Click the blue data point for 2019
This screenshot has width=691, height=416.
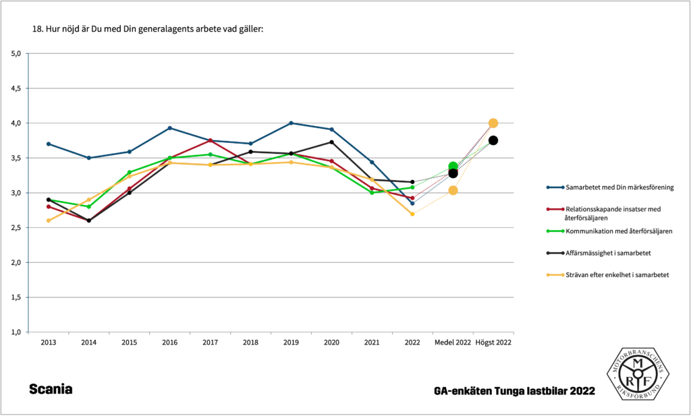[x=291, y=123]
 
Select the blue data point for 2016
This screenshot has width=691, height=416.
[x=169, y=128]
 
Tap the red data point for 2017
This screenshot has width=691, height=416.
[x=210, y=140]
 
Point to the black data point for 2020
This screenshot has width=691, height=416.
[x=331, y=142]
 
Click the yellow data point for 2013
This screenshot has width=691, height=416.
[x=49, y=220]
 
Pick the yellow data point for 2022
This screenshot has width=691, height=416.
[x=412, y=214]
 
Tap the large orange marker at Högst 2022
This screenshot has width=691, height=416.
[x=493, y=123]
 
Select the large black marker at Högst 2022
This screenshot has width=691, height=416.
[x=493, y=140]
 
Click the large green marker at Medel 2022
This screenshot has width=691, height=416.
[x=453, y=167]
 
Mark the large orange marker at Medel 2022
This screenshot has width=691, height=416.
[x=453, y=190]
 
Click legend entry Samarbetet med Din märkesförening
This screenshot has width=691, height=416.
[x=617, y=187]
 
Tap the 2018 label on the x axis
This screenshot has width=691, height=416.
[x=250, y=343]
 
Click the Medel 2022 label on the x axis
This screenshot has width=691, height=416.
[x=453, y=343]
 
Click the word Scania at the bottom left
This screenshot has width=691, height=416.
[x=51, y=390]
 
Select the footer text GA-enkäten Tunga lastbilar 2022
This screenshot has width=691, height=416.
[x=515, y=391]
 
